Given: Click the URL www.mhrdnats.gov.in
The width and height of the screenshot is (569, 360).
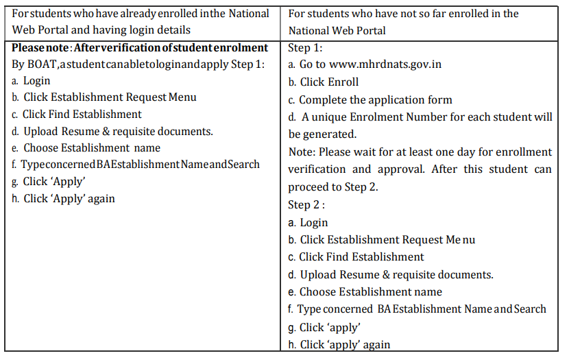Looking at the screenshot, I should click(385, 64).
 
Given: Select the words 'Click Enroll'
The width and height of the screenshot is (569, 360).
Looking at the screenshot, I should click(329, 82).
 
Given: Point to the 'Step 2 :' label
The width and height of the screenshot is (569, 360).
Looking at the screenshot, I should click(306, 204).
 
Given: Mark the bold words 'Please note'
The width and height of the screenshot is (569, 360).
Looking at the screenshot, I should click(40, 47).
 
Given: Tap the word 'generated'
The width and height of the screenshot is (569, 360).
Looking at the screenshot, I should click(331, 134).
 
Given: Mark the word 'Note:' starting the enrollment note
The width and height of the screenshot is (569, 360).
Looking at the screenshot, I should click(302, 152).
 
